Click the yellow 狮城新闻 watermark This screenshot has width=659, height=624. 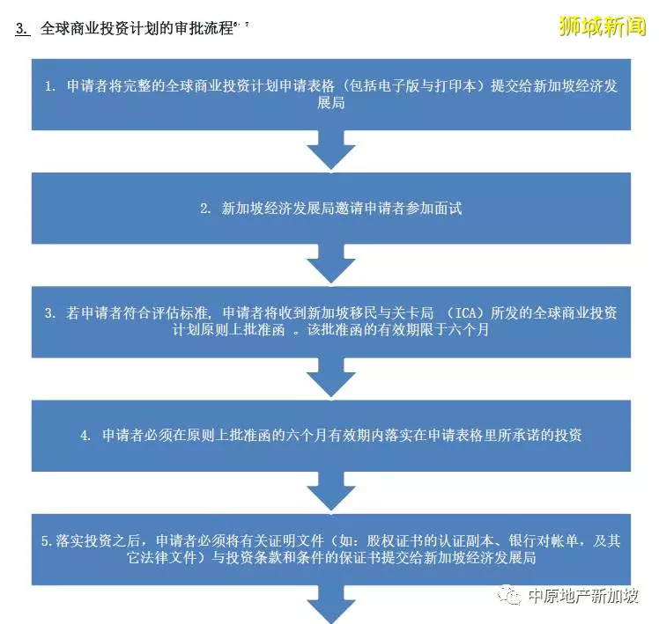coord(602,26)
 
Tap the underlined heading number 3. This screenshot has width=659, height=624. coord(23,28)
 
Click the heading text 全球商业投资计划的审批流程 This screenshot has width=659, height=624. coord(137,28)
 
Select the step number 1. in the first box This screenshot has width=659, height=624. coord(50,86)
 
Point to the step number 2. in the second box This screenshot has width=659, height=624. coord(205,209)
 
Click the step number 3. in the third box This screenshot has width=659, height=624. coord(50,312)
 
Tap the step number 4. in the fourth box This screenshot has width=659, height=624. coord(85,436)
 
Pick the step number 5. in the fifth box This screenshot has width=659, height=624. coord(47,541)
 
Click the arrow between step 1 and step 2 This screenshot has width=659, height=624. coord(331,150)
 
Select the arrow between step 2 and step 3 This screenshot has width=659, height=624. coord(331,264)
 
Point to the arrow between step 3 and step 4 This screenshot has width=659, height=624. coord(331,378)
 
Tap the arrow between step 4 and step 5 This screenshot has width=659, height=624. coord(331,491)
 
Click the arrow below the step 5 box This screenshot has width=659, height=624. coord(331,605)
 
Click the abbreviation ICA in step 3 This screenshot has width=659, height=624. coord(466,312)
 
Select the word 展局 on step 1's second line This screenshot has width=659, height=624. coord(331,103)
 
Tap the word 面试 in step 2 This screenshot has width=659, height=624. coord(448,209)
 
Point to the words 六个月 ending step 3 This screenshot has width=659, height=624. coord(468,330)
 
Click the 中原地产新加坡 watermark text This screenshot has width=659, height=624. coord(583,596)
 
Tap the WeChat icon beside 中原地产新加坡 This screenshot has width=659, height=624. coord(509,595)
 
